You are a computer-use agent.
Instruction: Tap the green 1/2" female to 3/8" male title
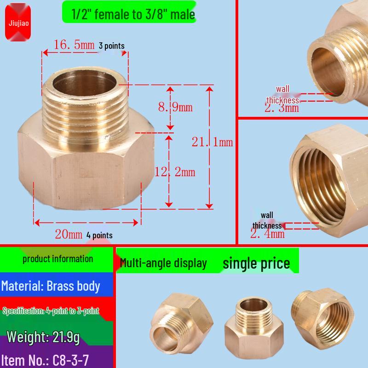[x=129, y=14]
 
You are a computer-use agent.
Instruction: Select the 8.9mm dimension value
[x=175, y=108]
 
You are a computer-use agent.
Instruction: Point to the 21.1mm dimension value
[x=213, y=142]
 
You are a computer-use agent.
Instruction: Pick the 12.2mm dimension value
[x=175, y=172]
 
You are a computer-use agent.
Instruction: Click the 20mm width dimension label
[x=69, y=234]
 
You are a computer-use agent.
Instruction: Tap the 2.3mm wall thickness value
[x=282, y=108]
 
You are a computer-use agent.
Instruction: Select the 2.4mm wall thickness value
[x=267, y=234]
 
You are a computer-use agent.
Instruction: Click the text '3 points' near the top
[x=111, y=46]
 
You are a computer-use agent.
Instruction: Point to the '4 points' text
[x=99, y=235]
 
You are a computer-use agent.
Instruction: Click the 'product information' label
[x=57, y=259]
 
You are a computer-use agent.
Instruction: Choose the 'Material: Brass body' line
[x=51, y=286]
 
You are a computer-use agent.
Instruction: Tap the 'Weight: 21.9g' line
[x=43, y=337]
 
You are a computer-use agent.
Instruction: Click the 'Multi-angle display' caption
[x=163, y=263]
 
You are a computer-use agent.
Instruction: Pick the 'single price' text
[x=256, y=263]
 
